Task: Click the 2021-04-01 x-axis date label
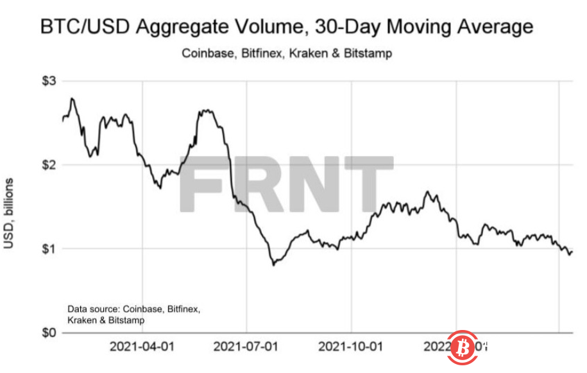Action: click(142, 347)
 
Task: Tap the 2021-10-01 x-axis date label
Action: click(352, 347)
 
